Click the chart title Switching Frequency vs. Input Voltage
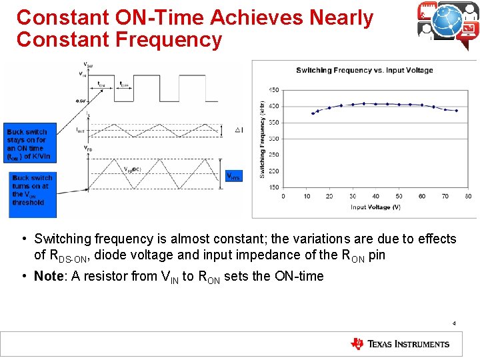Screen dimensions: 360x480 pyautogui.click(x=364, y=70)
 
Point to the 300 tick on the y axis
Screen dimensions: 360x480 pyautogui.click(x=274, y=139)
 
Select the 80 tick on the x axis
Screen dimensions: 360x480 pyautogui.click(x=468, y=196)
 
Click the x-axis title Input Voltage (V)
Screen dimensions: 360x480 pyautogui.click(x=375, y=207)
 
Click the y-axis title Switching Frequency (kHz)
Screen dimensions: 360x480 pyautogui.click(x=262, y=139)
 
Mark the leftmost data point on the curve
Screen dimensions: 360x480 pyautogui.click(x=313, y=113)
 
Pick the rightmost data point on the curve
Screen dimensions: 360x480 pyautogui.click(x=457, y=111)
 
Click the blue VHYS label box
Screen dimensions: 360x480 pyautogui.click(x=234, y=176)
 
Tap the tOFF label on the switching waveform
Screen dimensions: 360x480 pyautogui.click(x=124, y=85)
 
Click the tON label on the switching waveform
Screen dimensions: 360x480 pyautogui.click(x=101, y=85)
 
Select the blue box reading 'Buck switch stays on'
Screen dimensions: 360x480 pyautogui.click(x=29, y=144)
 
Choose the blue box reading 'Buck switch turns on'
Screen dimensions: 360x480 pyautogui.click(x=31, y=190)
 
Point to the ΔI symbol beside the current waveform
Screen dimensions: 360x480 pyautogui.click(x=239, y=129)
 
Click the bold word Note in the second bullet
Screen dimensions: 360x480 pyautogui.click(x=49, y=276)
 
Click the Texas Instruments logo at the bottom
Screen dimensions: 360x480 pyautogui.click(x=400, y=344)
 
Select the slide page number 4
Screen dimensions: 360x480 pyautogui.click(x=454, y=323)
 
